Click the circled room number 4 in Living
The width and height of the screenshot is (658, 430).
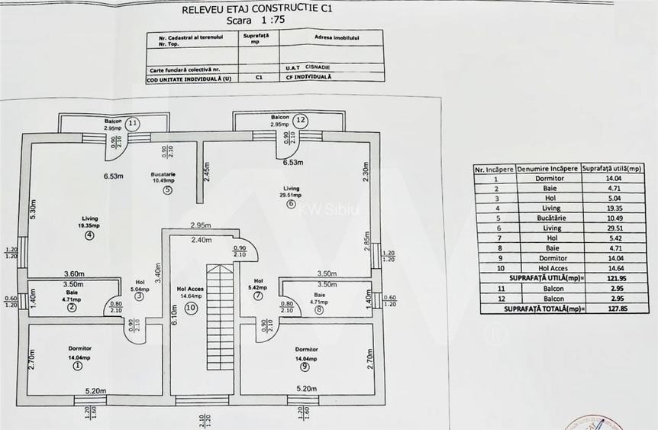[89, 236]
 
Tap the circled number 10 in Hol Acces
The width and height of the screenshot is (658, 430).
[191, 307]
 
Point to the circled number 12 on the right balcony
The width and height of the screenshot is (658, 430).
[301, 120]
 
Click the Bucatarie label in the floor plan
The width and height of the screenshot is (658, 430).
[163, 175]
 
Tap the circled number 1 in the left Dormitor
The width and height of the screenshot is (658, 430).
[77, 366]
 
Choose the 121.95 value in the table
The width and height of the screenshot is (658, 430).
[601, 278]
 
